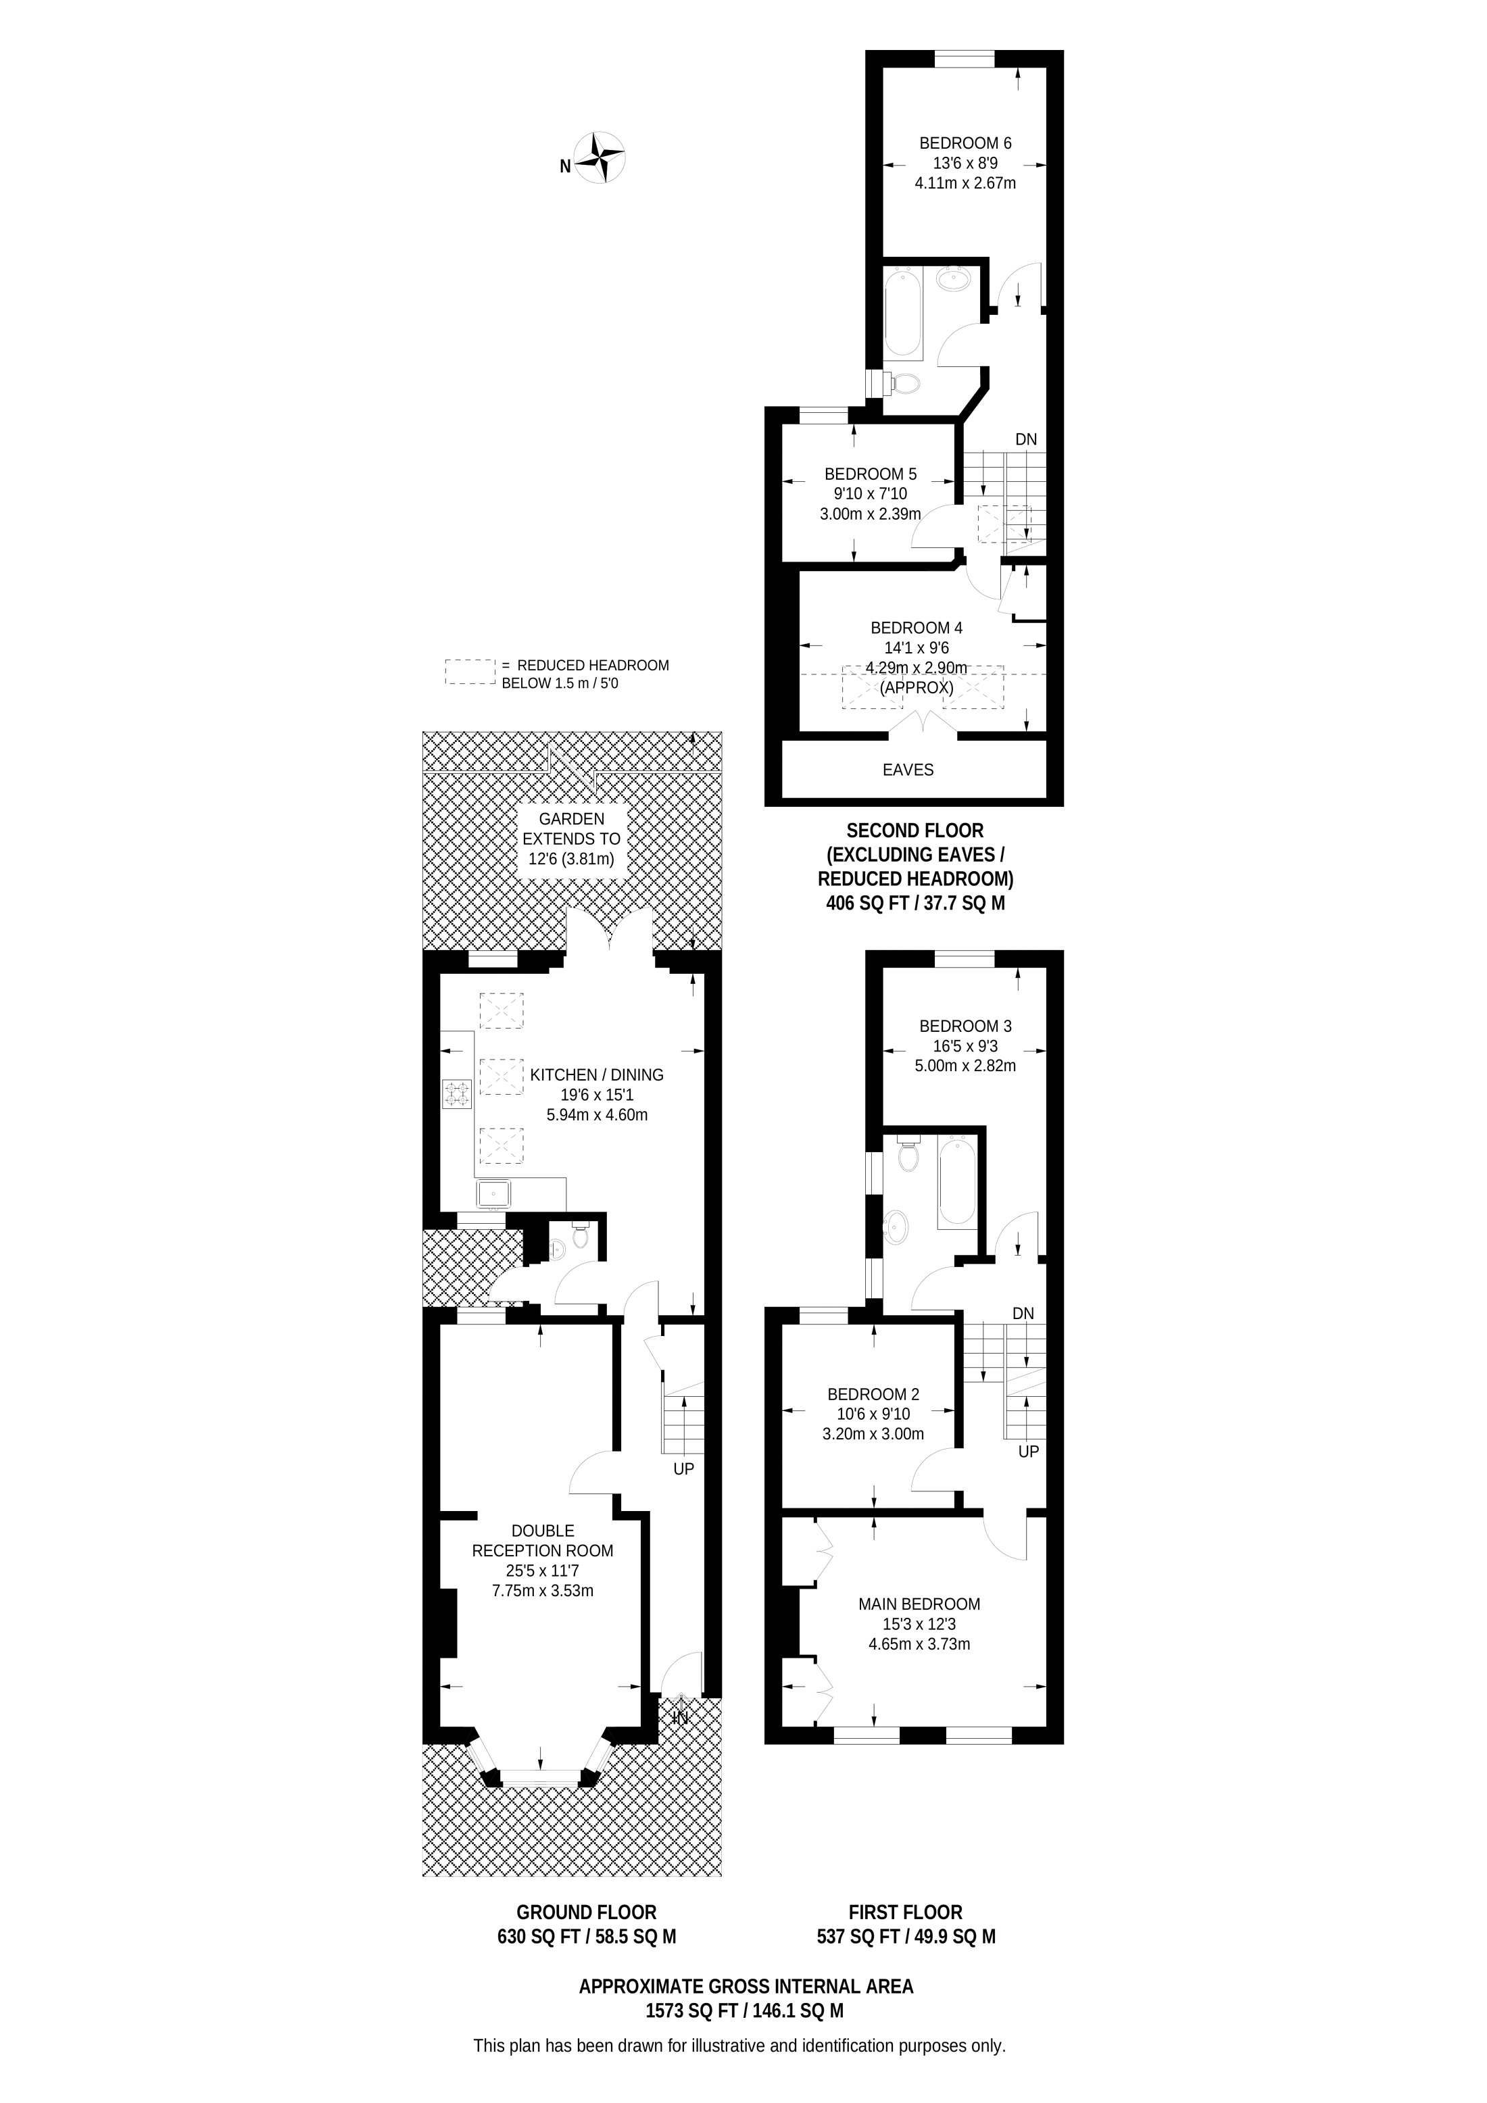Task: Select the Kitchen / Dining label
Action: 596,1074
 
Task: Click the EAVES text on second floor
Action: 908,770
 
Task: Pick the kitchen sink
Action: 493,1194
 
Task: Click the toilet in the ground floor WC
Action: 579,1239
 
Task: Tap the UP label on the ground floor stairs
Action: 683,1468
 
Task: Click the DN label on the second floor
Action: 1025,440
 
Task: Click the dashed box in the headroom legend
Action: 470,672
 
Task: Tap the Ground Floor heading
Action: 587,1912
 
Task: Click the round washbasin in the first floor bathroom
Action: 897,1222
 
